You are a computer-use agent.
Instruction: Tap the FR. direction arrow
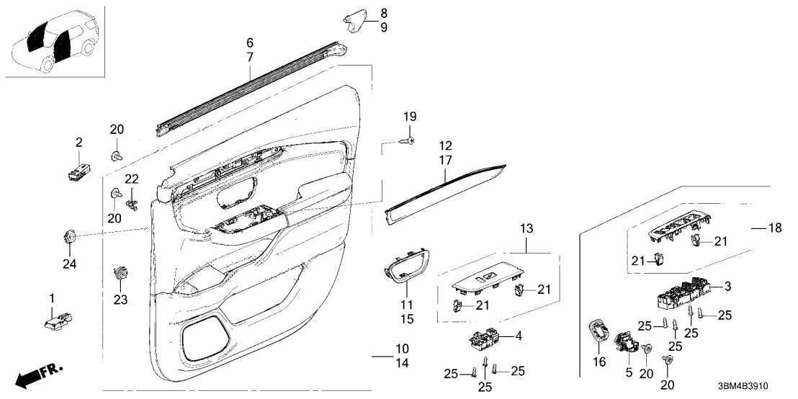(40, 375)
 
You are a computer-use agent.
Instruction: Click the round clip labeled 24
(70, 235)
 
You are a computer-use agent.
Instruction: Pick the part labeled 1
(60, 320)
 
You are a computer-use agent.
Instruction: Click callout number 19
(410, 117)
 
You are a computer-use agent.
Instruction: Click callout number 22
(131, 179)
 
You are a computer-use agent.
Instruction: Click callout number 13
(527, 229)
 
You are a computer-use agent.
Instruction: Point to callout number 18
(774, 228)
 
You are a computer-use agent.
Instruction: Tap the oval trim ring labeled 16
(598, 334)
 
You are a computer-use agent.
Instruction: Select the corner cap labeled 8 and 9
(356, 21)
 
